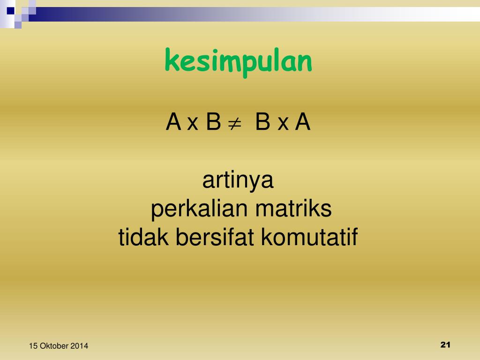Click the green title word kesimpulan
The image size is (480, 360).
click(x=238, y=62)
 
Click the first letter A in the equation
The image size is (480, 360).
click(x=173, y=123)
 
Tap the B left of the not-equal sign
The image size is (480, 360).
click(x=213, y=123)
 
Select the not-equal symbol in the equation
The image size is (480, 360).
click(x=234, y=124)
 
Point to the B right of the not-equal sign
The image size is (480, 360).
click(x=262, y=123)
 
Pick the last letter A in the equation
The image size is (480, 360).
click(x=302, y=123)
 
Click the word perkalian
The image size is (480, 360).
click(x=199, y=210)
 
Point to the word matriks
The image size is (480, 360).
click(x=293, y=209)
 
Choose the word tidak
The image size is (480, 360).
click(x=144, y=237)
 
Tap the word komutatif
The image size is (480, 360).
click(x=309, y=237)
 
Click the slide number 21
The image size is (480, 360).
click(x=445, y=345)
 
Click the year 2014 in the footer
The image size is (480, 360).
click(x=80, y=346)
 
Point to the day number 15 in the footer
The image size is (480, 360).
click(x=33, y=346)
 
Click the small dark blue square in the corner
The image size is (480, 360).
click(x=11, y=10)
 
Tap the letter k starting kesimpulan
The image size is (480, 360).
click(x=171, y=61)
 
